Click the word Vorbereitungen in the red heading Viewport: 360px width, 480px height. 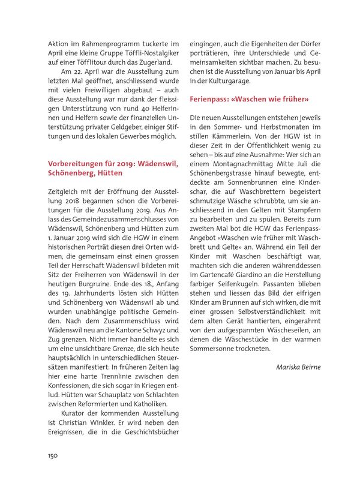(x=79, y=163)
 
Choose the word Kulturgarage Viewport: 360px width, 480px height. (x=224, y=80)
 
